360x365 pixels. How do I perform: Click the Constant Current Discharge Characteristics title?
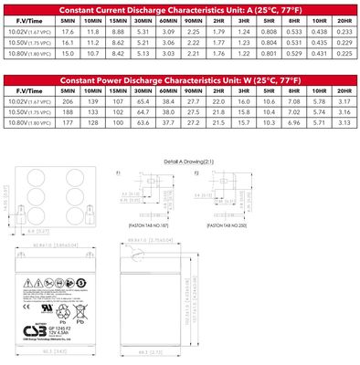coord(179,7)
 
